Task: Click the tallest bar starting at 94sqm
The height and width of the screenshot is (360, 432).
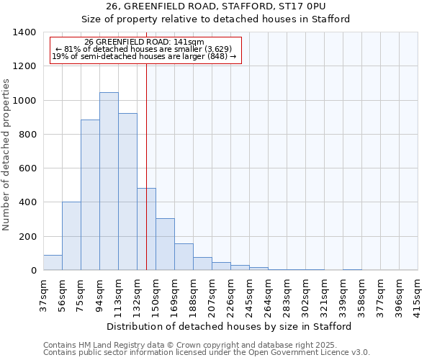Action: coord(109,181)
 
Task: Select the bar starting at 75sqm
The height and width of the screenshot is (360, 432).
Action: coord(90,195)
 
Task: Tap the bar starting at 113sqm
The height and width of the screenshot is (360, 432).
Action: coord(127,192)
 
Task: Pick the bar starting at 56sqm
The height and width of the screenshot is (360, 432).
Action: coord(71,236)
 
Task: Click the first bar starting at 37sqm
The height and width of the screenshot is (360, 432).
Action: coord(53,263)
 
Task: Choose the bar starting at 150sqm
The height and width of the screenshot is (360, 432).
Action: coord(165,245)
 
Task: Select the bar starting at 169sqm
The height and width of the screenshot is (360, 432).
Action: coord(184,257)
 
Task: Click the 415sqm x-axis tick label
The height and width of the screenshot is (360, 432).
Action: coord(418,294)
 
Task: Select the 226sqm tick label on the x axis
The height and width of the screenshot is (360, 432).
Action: coord(230,294)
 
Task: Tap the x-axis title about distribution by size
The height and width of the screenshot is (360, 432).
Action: coord(230,326)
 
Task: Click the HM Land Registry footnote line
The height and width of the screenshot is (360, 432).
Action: coord(205,345)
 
